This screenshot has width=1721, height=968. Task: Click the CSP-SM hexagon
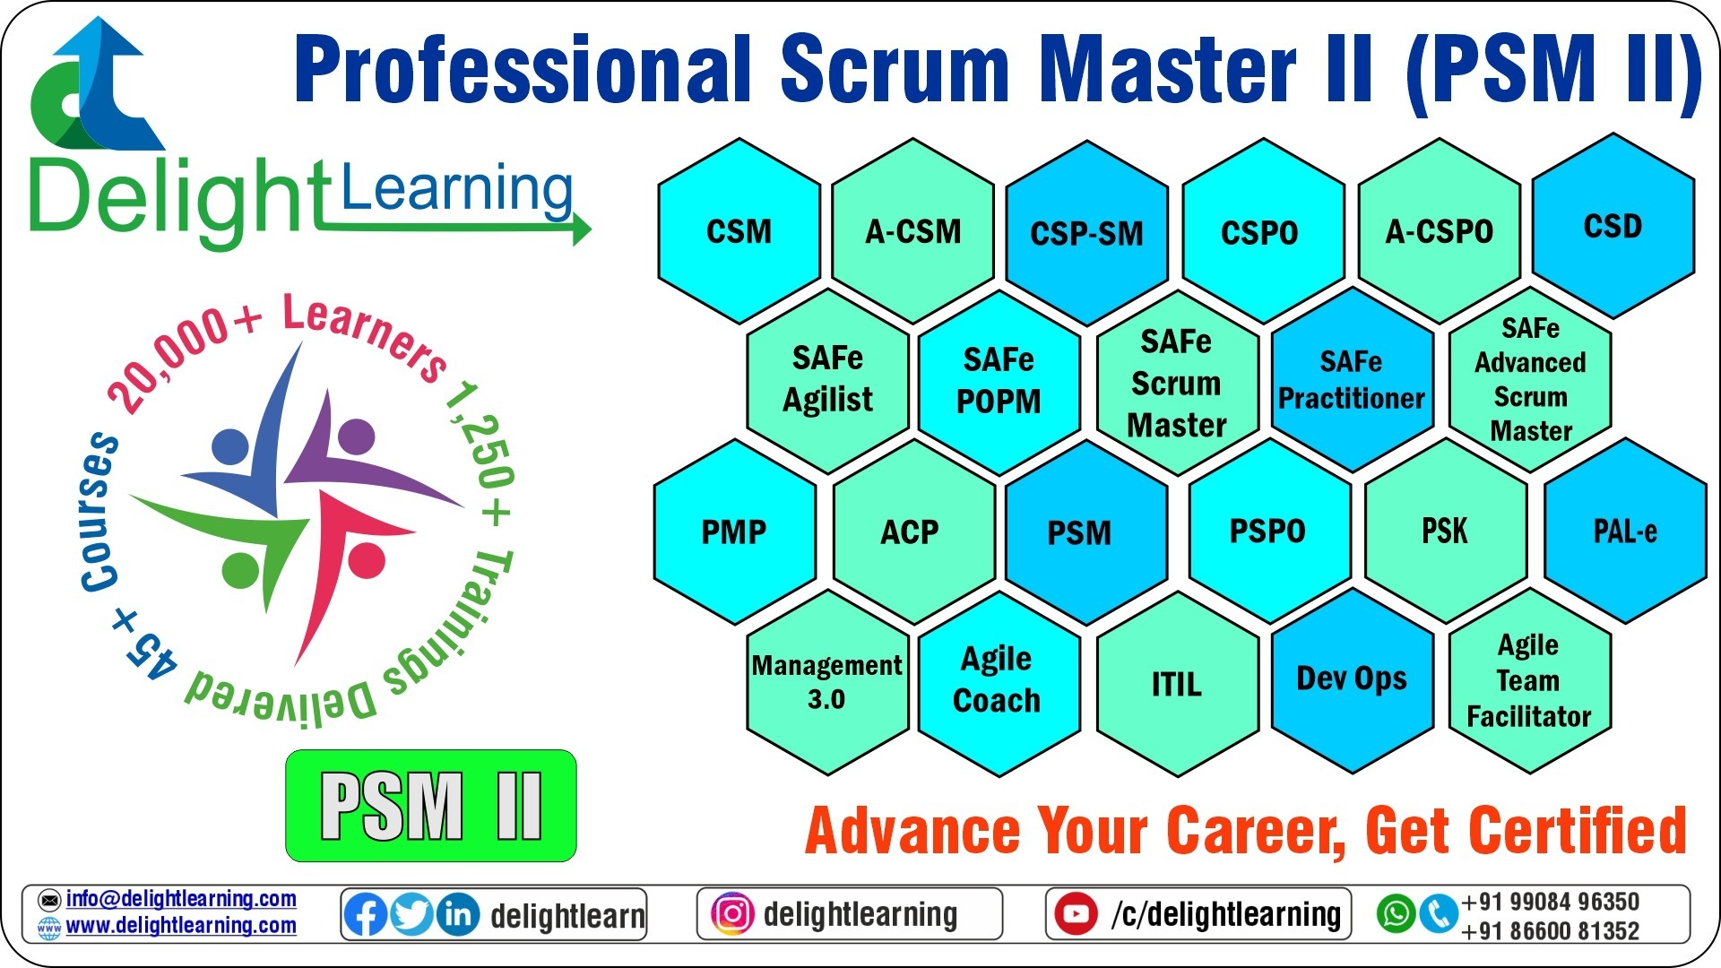[x=1086, y=233]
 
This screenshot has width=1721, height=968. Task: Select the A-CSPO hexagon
[x=1439, y=231]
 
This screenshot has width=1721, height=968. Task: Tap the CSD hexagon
[x=1613, y=226]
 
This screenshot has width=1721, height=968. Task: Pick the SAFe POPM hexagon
[x=999, y=381]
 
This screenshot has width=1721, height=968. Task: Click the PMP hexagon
[x=734, y=531]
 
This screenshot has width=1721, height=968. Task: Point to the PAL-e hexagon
[x=1624, y=531]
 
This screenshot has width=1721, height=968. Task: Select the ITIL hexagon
[x=1176, y=685]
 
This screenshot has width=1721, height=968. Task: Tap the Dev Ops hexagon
[x=1351, y=679]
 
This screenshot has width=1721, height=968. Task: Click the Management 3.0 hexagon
[x=826, y=682]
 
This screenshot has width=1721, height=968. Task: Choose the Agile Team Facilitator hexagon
[x=1528, y=680]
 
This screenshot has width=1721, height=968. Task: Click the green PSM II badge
[x=430, y=806]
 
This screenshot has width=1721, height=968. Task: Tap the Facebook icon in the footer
[x=366, y=915]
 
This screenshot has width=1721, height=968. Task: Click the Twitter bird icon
[x=411, y=915]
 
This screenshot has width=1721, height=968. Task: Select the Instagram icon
[x=731, y=914]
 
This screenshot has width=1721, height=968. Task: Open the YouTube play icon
[x=1076, y=914]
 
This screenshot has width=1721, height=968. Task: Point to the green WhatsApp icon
[x=1396, y=914]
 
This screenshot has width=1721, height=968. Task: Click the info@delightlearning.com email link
[x=180, y=899]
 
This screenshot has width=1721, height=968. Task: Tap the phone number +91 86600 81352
[x=1550, y=931]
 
